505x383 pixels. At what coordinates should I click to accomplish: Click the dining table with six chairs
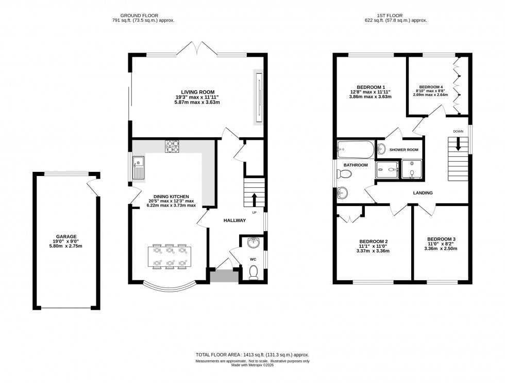170,257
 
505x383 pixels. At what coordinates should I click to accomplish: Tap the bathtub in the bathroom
356,150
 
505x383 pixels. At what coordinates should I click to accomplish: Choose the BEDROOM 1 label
371,87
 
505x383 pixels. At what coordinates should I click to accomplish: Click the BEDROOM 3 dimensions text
441,246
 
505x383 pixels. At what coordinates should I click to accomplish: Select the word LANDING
422,193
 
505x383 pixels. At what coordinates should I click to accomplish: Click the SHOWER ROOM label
403,150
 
